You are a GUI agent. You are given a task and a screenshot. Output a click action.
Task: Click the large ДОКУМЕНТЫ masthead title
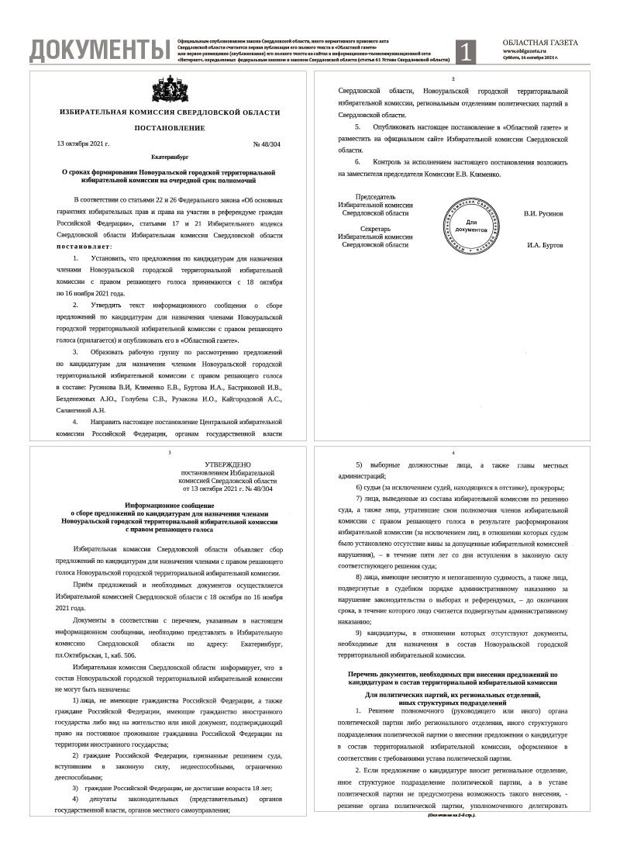pos(99,50)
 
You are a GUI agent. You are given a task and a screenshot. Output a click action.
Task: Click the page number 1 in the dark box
pos(465,51)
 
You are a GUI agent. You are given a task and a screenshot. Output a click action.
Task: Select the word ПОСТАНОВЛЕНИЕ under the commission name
pos(170,126)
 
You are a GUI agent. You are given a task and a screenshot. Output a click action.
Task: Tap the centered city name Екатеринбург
pos(170,157)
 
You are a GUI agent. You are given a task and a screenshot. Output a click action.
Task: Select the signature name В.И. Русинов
pos(543,212)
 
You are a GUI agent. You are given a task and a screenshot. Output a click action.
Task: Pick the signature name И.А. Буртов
pos(544,245)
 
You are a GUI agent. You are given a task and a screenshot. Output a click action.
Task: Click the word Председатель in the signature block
pos(375,197)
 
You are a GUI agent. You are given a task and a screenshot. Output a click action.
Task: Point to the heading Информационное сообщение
pos(170,505)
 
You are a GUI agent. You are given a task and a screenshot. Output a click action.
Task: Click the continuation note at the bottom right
pos(451,815)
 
